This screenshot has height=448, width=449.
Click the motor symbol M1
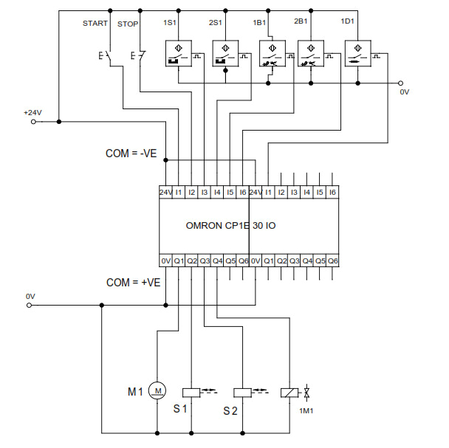[157, 389]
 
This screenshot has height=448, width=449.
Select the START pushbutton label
[95, 24]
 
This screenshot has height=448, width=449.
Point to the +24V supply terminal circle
[32, 122]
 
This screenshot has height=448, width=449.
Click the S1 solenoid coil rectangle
[191, 393]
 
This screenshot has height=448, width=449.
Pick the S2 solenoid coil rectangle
[242, 393]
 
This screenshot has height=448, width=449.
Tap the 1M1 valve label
[305, 410]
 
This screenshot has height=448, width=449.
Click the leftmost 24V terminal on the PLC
[166, 192]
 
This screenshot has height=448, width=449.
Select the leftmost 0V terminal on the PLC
[166, 261]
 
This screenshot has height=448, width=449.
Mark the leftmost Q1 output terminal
[179, 261]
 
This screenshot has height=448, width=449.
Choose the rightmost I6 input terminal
[332, 192]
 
